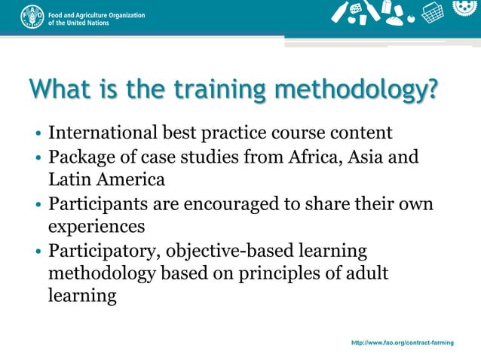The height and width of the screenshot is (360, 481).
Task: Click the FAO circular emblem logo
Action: point(31,16)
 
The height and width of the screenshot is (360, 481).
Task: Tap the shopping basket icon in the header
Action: point(432,13)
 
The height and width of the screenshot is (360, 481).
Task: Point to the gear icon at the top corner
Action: point(464,8)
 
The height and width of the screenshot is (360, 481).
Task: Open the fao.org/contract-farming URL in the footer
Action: point(402,343)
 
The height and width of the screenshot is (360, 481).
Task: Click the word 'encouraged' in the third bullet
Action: point(238,205)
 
